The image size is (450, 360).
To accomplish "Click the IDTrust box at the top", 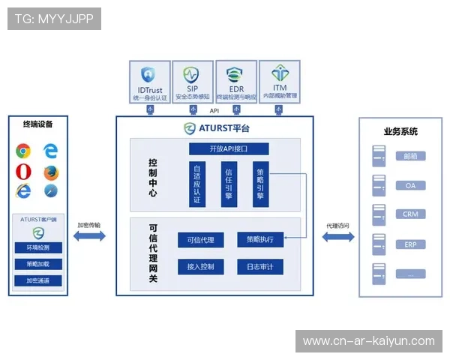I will (151, 82).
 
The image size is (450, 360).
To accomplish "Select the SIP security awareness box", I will (193, 82).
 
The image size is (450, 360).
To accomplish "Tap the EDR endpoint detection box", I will (236, 82).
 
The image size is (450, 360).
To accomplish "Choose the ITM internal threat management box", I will (279, 82).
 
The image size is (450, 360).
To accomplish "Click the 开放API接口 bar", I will (228, 148).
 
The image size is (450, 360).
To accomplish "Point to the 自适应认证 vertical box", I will (196, 184).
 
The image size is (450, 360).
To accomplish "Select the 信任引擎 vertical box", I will (229, 184).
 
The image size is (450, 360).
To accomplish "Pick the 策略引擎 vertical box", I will (260, 184).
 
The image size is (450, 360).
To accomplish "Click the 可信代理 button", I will (200, 240).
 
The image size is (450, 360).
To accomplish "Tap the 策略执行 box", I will (260, 240).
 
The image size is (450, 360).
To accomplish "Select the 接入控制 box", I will (200, 267).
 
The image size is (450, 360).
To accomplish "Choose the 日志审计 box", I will (260, 267).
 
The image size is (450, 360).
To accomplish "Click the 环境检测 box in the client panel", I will (38, 247).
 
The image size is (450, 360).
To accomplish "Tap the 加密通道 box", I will (38, 280).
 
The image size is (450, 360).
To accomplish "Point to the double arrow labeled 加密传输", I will (89, 237).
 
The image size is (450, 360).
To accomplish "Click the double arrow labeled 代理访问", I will (337, 237).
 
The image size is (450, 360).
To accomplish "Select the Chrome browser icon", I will (24, 151).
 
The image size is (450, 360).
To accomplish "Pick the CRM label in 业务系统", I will (410, 214).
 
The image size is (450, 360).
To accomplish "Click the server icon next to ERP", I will (379, 244).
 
